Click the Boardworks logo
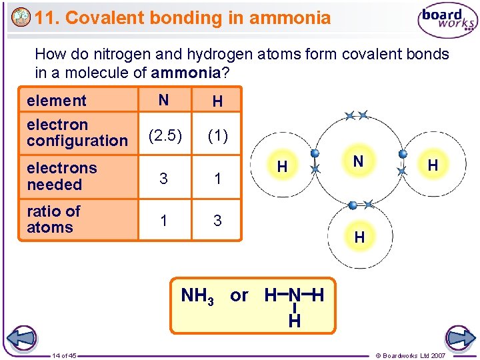tap(447, 21)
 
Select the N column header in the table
tap(163, 100)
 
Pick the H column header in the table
tap(217, 101)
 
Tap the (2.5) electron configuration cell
tap(163, 136)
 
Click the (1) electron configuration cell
tap(217, 136)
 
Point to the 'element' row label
tap(57, 101)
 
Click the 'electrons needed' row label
tap(62, 176)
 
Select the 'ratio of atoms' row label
tap(53, 219)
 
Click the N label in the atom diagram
tap(358, 161)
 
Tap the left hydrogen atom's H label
tap(282, 167)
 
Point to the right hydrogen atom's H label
tap(433, 165)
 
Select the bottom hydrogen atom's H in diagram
tap(359, 237)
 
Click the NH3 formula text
tap(198, 296)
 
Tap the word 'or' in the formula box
tap(239, 295)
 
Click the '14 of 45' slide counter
tap(65, 355)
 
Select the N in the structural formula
tap(295, 295)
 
